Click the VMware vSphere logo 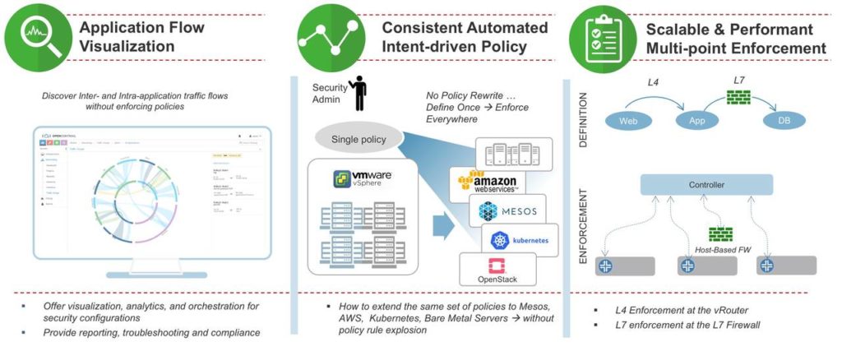[363, 180]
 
